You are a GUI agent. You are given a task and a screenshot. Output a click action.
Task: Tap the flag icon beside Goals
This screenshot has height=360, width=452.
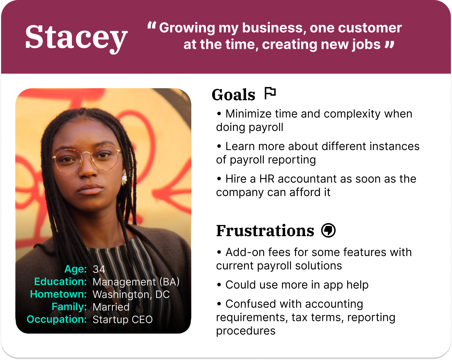pyautogui.click(x=270, y=93)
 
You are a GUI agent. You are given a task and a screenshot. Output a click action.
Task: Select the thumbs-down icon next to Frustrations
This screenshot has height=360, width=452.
pyautogui.click(x=328, y=230)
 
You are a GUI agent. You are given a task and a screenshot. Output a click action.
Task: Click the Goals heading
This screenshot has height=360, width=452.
pyautogui.click(x=233, y=95)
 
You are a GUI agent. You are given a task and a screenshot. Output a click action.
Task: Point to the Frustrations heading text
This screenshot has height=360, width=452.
pyautogui.click(x=265, y=231)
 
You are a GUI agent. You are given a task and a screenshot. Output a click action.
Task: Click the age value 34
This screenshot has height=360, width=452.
pyautogui.click(x=99, y=269)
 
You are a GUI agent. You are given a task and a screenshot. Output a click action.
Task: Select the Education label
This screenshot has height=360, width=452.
pyautogui.click(x=61, y=281)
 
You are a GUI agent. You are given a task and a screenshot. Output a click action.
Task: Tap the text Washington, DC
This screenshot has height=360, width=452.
pyautogui.click(x=131, y=294)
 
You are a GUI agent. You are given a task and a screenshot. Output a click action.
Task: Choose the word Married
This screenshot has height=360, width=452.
pyautogui.click(x=111, y=307)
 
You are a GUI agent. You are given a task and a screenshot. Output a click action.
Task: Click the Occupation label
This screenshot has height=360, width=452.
pyautogui.click(x=57, y=319)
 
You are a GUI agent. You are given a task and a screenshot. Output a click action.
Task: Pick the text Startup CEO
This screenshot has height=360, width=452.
pyautogui.click(x=123, y=319)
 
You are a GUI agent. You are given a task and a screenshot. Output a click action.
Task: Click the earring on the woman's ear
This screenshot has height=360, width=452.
pyautogui.click(x=124, y=179)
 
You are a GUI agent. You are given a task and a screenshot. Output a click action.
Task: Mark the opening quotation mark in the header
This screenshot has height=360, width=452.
pyautogui.click(x=151, y=25)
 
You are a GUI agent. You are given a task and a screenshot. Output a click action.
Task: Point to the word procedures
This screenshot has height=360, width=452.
pyautogui.click(x=246, y=331)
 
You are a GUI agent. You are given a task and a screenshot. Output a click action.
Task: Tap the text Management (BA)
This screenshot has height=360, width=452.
pyautogui.click(x=136, y=282)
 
